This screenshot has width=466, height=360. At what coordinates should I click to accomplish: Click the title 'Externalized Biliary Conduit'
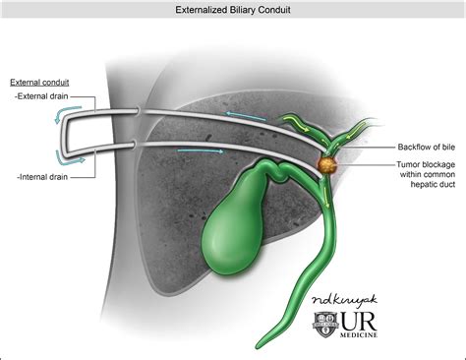pyautogui.click(x=232, y=9)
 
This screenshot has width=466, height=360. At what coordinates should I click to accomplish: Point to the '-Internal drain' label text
pyautogui.click(x=44, y=176)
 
